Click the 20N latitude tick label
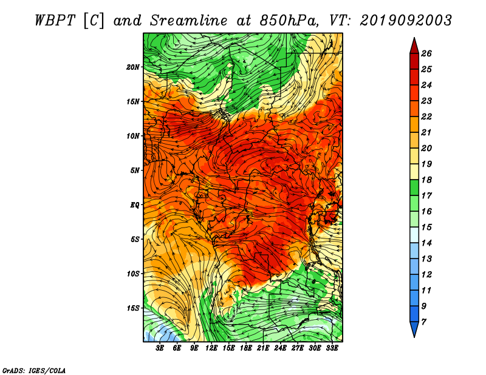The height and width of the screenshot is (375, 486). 133,67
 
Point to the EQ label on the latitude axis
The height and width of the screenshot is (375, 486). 134,205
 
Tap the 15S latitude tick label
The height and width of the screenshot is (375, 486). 133,308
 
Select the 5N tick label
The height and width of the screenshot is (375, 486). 135,171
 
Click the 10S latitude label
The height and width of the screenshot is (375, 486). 133,274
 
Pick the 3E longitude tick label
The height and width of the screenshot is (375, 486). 160,348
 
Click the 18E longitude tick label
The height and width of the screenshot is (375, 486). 246,348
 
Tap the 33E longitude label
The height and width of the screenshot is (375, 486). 332,348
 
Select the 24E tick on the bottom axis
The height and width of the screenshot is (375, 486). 280,348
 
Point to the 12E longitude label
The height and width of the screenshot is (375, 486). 211,348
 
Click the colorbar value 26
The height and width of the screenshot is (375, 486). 426,53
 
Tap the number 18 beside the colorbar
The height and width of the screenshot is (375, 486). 426,180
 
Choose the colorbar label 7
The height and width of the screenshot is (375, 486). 423,322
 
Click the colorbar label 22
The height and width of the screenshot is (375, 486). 426,117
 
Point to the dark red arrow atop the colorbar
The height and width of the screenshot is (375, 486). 414,46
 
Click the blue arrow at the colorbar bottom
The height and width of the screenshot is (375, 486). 414,329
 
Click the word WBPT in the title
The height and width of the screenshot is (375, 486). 55,21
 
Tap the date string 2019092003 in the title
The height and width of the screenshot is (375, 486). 406,21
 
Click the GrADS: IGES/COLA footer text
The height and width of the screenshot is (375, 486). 34,371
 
